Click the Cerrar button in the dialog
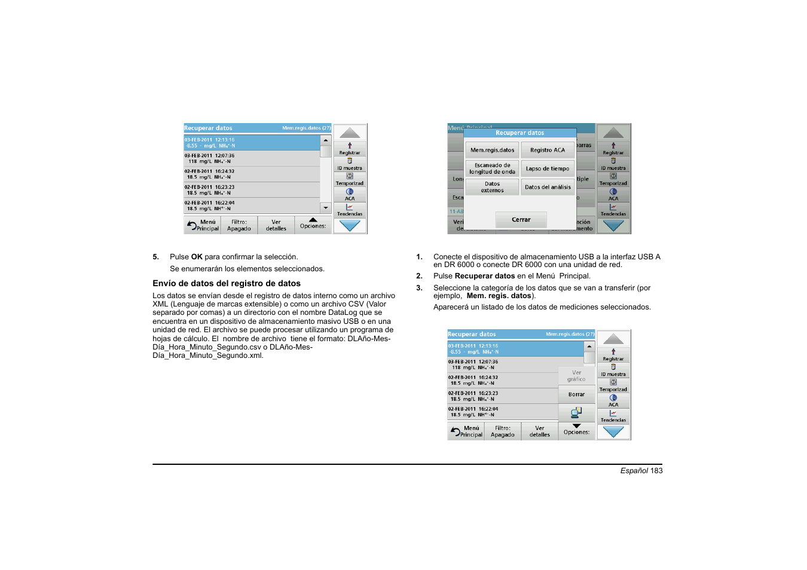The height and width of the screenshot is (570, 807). pos(521,220)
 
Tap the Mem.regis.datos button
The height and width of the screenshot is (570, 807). pos(492,150)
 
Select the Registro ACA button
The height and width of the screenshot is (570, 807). pos(547,150)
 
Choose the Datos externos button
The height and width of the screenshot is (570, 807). pos(492,187)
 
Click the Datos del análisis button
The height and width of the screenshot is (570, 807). pos(547,187)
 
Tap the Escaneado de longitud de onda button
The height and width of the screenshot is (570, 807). pos(492,168)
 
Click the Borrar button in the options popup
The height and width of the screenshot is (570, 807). pos(576,394)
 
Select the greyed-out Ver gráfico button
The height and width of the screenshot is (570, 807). pos(576,376)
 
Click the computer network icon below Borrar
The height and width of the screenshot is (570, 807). pos(576,412)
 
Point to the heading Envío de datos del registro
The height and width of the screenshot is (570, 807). pos(227,284)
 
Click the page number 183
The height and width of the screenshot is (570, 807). pos(656,471)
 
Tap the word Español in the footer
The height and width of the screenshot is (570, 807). pos(634,471)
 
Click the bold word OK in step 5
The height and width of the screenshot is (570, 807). pos(197,257)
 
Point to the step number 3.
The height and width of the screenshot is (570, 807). pos(419,288)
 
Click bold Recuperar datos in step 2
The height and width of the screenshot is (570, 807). pos(485,276)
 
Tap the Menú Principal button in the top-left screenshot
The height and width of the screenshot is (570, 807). pos(203,225)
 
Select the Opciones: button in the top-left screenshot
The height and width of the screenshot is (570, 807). pos(313,225)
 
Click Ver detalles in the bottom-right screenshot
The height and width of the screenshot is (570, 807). pos(539,431)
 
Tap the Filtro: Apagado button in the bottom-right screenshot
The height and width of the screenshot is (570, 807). pos(502,431)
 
